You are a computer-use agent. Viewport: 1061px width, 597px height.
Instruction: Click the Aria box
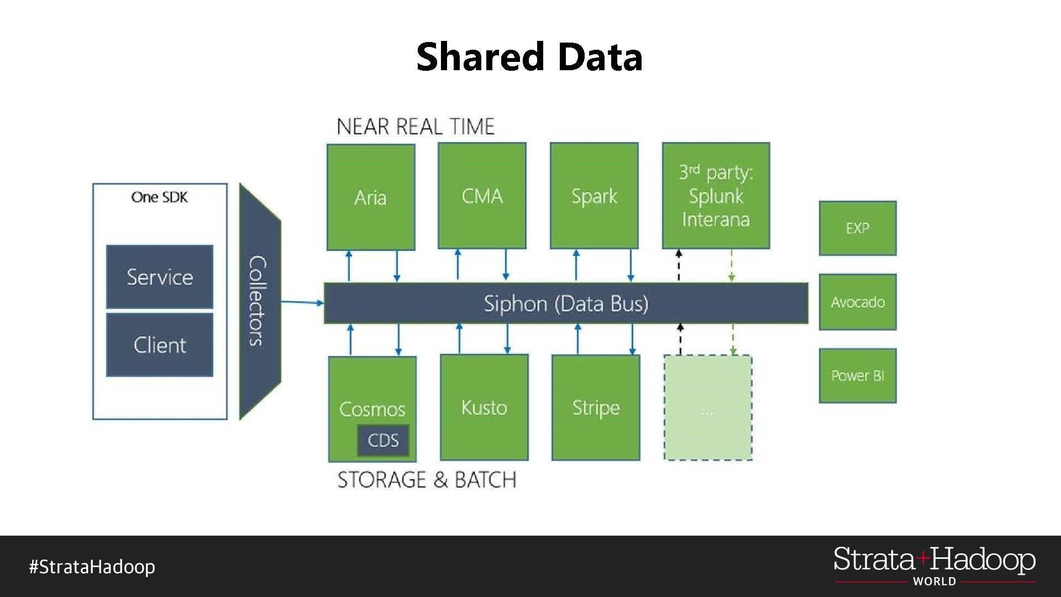370,197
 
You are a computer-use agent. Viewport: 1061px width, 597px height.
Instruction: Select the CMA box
482,196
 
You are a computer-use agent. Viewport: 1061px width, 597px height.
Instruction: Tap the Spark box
594,196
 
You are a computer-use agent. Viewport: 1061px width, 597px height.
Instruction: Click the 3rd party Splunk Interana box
716,196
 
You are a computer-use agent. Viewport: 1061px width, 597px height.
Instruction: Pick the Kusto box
484,407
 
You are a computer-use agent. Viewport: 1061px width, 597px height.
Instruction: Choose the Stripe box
596,407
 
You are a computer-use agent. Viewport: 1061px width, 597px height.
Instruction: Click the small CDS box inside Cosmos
383,440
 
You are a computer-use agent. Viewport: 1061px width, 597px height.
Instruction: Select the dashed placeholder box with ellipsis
707,408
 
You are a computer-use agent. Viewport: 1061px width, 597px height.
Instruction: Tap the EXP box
857,228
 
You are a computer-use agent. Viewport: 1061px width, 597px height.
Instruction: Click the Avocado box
857,302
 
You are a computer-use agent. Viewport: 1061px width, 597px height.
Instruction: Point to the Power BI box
857,375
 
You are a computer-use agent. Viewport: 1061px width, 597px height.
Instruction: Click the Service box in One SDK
160,276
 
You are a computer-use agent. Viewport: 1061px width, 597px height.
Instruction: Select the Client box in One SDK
160,345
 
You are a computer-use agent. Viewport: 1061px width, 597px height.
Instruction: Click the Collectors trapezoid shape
259,301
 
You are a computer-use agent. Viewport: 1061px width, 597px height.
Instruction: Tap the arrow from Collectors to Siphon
302,302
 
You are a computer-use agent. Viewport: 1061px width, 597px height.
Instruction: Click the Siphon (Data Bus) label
566,303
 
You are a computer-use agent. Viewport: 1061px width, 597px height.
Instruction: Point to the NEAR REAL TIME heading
415,127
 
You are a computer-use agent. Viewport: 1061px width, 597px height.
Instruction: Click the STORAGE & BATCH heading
427,479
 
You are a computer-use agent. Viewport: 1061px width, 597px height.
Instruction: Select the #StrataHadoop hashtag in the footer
92,567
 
